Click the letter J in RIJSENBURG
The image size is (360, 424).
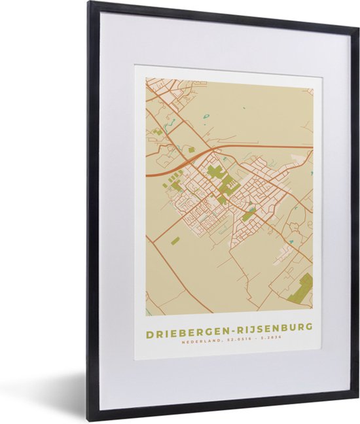point(252,327)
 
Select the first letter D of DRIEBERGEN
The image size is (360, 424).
point(149,327)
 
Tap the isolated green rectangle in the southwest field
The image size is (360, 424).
point(175,241)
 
